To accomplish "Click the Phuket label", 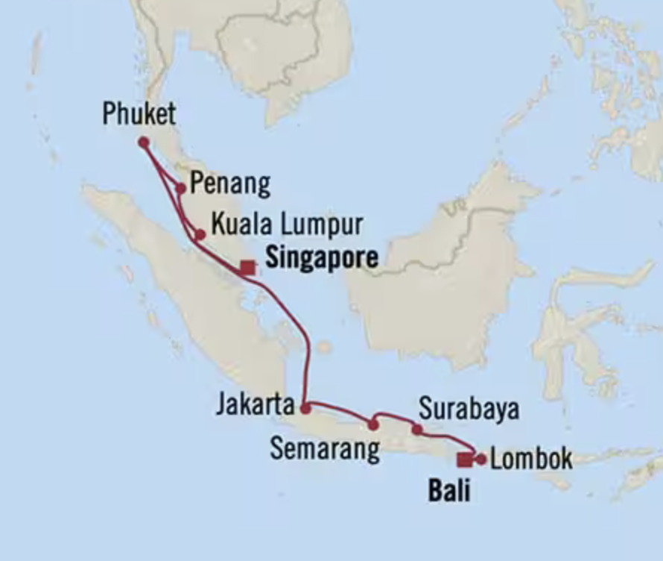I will click(x=139, y=114).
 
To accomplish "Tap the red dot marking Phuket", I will click(x=143, y=142).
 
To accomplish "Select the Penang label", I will click(x=229, y=184).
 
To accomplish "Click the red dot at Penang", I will click(x=180, y=188).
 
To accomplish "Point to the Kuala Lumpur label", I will click(x=287, y=223).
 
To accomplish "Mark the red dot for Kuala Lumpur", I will click(x=200, y=234).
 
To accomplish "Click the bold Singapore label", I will click(x=321, y=258).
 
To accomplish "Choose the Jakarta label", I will click(x=255, y=405).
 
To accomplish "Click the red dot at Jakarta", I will click(x=305, y=408).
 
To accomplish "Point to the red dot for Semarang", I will click(x=373, y=425).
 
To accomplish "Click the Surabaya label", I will click(x=469, y=409).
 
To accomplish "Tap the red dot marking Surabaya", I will click(x=417, y=430).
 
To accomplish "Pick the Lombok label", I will click(x=532, y=458).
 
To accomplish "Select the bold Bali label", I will click(x=449, y=491).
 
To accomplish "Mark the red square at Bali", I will click(x=464, y=459).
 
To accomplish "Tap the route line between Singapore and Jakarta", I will click(x=307, y=351).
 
